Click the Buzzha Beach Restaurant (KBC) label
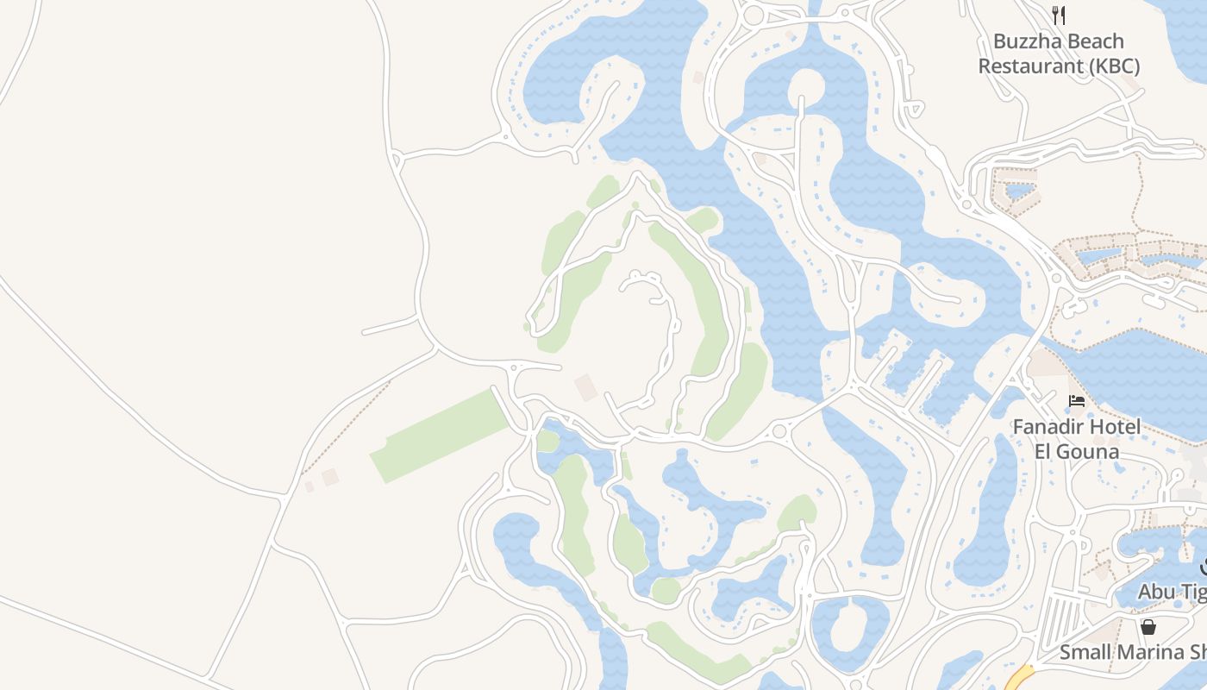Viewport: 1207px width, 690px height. pyautogui.click(x=1059, y=53)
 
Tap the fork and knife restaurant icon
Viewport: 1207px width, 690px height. pyautogui.click(x=1059, y=16)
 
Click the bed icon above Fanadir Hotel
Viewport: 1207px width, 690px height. pyautogui.click(x=1077, y=401)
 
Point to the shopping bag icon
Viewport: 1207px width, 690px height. pyautogui.click(x=1148, y=627)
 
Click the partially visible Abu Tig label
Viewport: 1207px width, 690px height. pyautogui.click(x=1172, y=592)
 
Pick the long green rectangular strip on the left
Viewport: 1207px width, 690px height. pyautogui.click(x=440, y=436)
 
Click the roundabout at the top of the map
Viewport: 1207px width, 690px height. pyautogui.click(x=754, y=15)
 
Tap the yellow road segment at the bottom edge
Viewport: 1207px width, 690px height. pyautogui.click(x=1019, y=678)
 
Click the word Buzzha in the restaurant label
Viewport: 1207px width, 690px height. pyautogui.click(x=1025, y=41)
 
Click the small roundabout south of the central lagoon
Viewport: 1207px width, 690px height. pyautogui.click(x=779, y=431)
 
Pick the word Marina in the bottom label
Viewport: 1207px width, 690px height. pyautogui.click(x=1141, y=652)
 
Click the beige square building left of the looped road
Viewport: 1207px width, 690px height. pyautogui.click(x=586, y=387)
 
